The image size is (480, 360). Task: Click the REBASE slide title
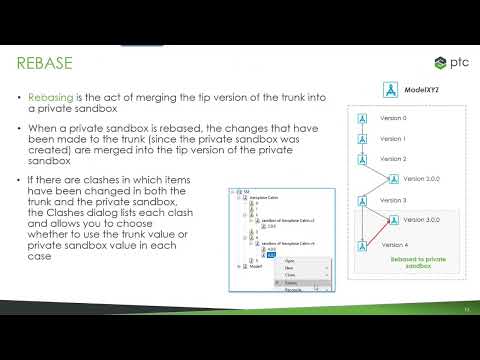point(46,63)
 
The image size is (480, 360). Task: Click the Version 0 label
point(394,118)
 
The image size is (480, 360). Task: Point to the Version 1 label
point(394,138)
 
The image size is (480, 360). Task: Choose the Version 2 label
point(394,158)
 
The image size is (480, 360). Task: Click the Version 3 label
point(394,200)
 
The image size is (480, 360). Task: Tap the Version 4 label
point(394,244)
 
